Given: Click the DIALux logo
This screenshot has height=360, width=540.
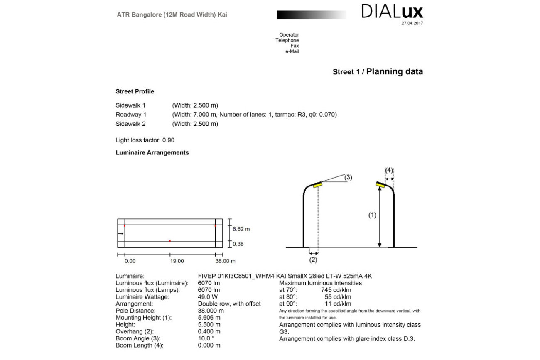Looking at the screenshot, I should coord(392,12).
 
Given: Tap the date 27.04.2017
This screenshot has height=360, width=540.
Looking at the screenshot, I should coord(412,23).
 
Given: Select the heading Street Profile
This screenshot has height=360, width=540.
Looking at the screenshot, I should coord(135,91).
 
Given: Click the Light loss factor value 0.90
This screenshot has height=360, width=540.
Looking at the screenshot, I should coord(168,140).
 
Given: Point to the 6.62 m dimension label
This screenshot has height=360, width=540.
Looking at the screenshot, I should coord(241,229).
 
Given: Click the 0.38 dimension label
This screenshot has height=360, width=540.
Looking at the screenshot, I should coord(238,244).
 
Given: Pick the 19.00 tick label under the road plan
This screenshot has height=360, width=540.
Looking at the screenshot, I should coord(177,261).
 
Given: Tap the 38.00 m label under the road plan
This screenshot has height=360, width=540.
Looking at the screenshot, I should coord(225,261).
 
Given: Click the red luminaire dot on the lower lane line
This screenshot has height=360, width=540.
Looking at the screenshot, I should coord(170,240).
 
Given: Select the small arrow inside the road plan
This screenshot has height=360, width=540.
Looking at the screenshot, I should coord(120,234).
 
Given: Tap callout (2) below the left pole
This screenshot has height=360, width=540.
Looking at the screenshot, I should coord(313,260).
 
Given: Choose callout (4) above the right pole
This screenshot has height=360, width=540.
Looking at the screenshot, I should coord(389,170).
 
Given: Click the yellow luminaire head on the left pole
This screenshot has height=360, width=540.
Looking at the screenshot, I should coord(317,184).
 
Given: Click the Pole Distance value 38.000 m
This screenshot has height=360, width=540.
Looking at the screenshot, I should coord(211,311).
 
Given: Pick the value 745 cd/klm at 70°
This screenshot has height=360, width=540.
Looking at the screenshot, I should coord(336,290).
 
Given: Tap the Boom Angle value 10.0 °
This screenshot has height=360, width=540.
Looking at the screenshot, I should coord(206,338).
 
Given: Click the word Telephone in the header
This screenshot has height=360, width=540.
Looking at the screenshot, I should coord(287,40).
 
